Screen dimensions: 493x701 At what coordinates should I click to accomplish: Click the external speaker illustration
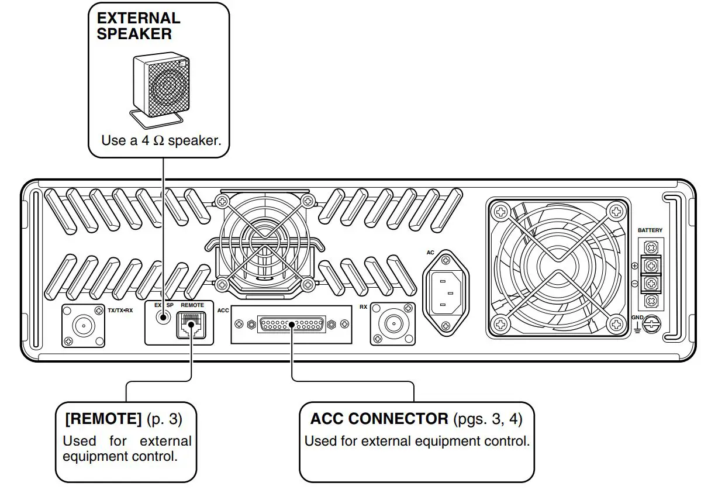point(160,87)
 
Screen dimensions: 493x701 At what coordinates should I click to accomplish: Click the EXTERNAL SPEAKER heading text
point(139,26)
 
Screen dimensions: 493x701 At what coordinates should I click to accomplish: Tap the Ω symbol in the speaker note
point(158,141)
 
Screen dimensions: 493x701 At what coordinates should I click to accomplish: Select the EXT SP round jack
point(163,318)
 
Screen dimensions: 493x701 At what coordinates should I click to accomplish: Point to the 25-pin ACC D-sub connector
point(291,324)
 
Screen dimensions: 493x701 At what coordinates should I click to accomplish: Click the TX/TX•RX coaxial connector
point(84,325)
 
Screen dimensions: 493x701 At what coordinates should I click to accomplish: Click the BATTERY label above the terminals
point(650,230)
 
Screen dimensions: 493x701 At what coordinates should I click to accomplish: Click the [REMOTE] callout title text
point(103,419)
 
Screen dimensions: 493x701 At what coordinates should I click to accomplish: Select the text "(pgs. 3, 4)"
point(488,419)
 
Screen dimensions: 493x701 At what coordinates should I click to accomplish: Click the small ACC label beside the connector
point(223,311)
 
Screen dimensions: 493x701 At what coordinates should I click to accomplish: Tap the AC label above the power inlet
point(431,253)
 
